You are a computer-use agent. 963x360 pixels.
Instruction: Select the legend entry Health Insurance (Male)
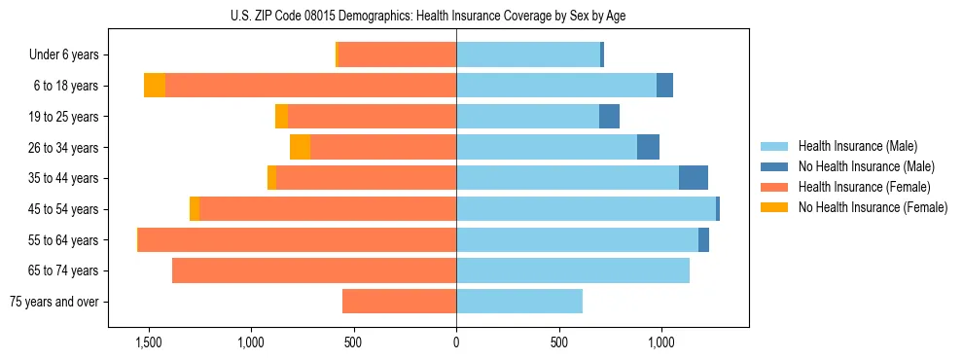tap(857, 146)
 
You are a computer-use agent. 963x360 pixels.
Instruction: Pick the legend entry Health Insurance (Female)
tap(864, 187)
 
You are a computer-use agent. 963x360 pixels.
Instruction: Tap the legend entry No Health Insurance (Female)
tap(873, 207)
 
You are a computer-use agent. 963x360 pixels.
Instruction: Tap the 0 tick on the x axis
tap(456, 342)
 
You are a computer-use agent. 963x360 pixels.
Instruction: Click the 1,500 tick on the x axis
tap(149, 342)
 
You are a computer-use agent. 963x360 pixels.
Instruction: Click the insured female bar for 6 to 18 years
tap(310, 86)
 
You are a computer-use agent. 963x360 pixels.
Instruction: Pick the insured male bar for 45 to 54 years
tap(586, 209)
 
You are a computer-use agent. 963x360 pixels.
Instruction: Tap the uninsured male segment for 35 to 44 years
tap(693, 178)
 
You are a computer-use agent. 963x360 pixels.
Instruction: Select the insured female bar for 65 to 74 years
tap(314, 270)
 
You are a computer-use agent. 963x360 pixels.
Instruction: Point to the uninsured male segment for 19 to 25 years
tap(609, 117)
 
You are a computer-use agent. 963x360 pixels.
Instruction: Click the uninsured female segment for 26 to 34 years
tap(301, 147)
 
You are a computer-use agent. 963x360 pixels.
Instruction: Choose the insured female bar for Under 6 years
tap(397, 55)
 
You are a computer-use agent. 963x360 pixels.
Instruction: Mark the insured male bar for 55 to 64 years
tap(577, 239)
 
